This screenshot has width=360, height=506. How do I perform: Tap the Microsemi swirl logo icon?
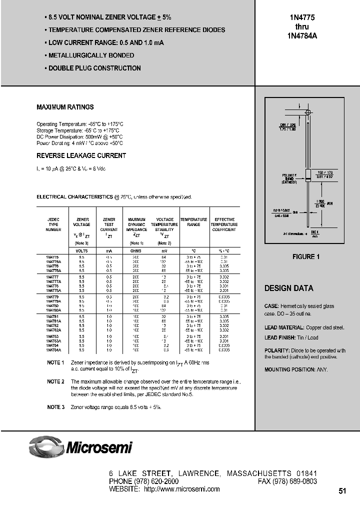tap(46, 446)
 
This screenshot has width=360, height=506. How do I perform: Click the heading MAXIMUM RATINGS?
tap(65, 107)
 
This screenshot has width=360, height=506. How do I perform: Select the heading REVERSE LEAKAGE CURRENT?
tap(81, 156)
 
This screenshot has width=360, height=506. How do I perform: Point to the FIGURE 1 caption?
tap(306, 257)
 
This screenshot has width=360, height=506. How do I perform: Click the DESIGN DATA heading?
tap(288, 288)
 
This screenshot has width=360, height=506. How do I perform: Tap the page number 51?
tap(342, 491)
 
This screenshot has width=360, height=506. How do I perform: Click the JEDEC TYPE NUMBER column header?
tap(53, 224)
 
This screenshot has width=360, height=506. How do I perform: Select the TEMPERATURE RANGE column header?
tap(193, 222)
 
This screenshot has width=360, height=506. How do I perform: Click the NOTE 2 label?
tap(55, 381)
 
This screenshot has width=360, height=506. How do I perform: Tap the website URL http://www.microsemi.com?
tap(181, 489)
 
